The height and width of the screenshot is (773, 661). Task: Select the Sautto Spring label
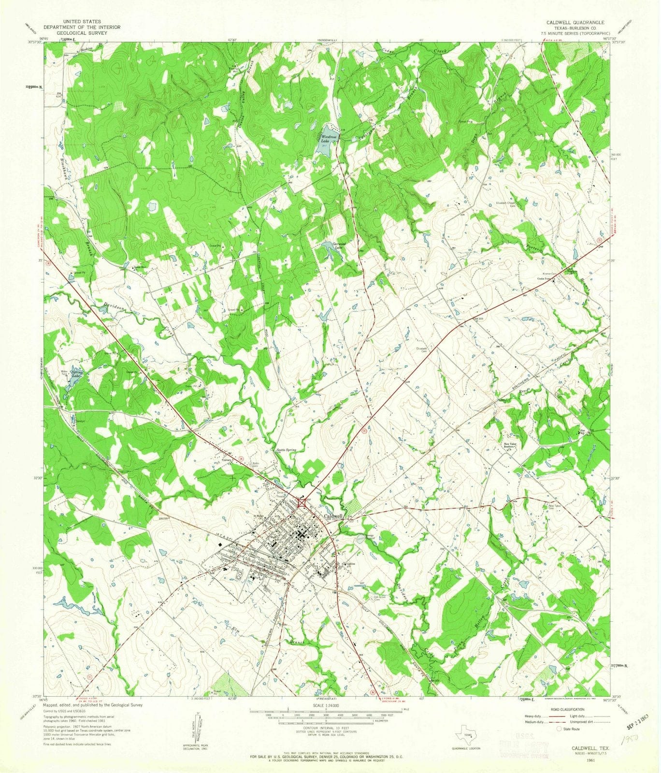(286, 450)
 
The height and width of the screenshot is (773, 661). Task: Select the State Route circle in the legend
(560, 729)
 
